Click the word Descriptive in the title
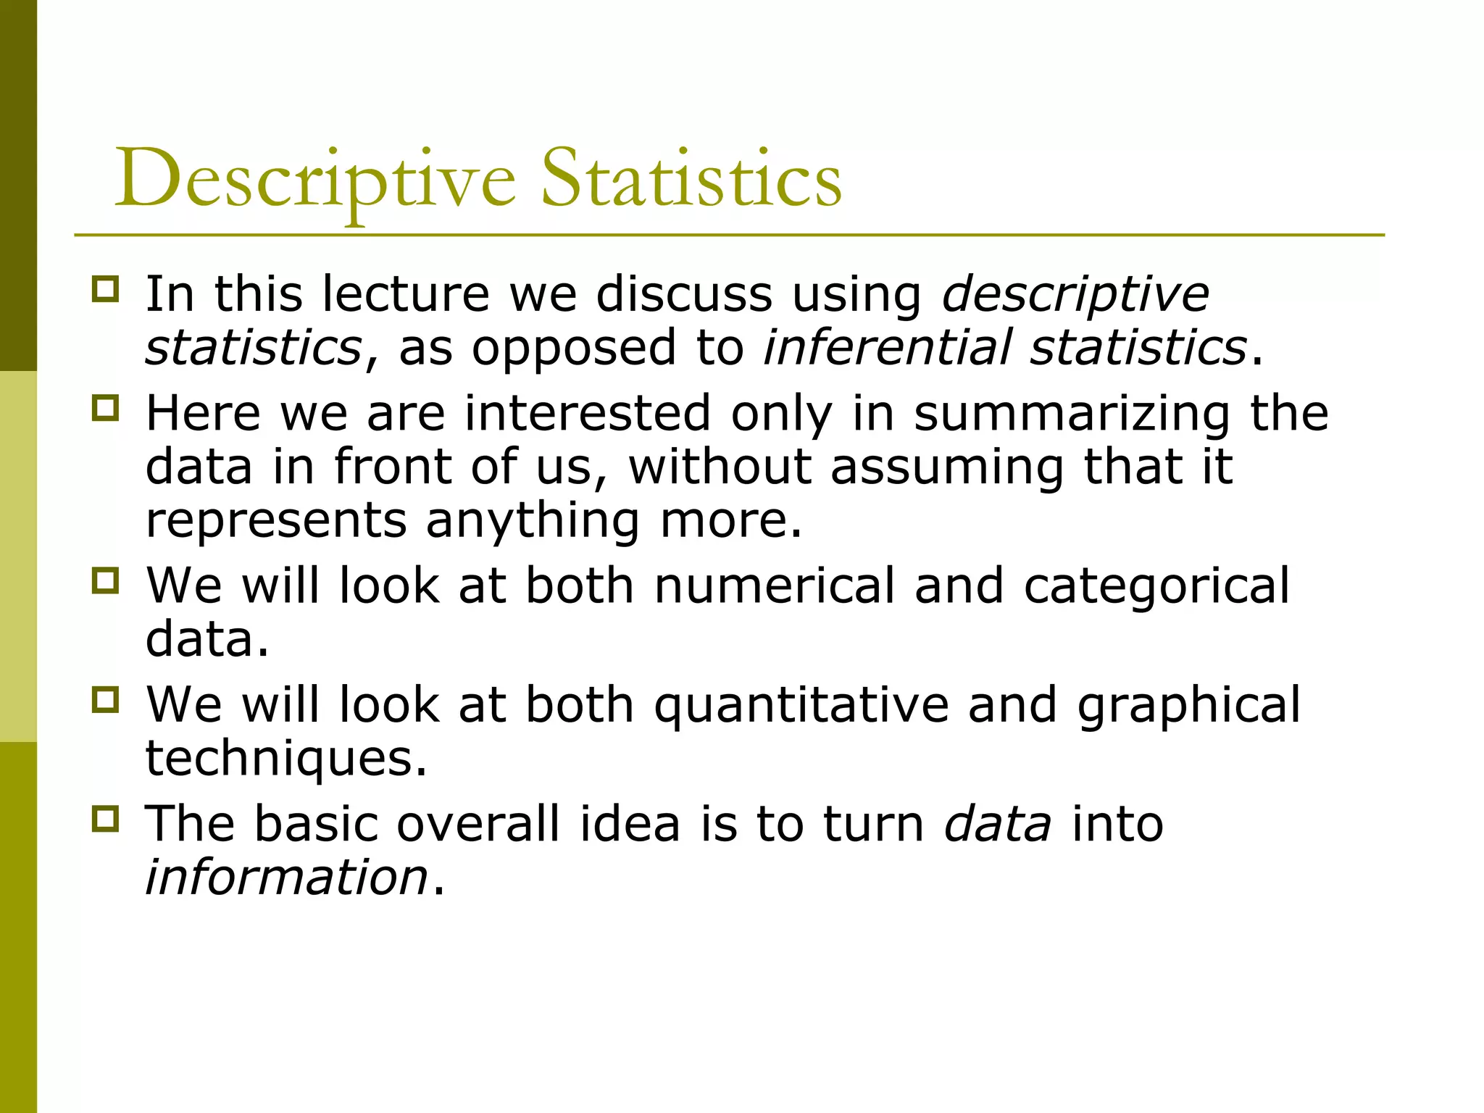tap(315, 180)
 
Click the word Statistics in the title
tap(691, 178)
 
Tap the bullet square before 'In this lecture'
tap(105, 289)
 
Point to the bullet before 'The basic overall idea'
tap(105, 819)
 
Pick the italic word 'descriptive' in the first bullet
tap(1075, 296)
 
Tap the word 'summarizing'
tap(1072, 414)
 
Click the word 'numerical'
tap(775, 585)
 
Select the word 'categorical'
tap(1156, 587)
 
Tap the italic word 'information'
tap(287, 878)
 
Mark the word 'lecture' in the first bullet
tap(406, 294)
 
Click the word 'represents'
tap(276, 521)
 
